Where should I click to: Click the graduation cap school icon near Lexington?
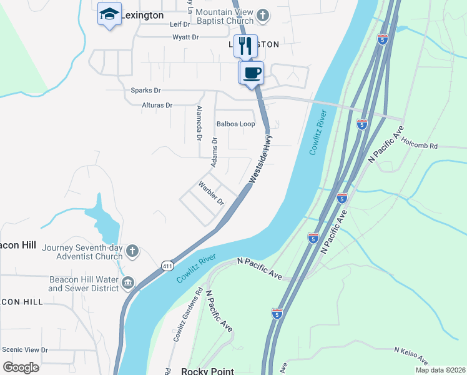click(x=109, y=14)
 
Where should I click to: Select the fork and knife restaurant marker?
click(x=245, y=46)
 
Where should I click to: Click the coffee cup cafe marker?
click(x=252, y=72)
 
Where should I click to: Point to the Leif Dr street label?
click(x=179, y=24)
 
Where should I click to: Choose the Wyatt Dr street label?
click(x=185, y=37)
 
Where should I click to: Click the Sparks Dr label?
click(x=145, y=91)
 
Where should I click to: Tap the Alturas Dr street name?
click(x=157, y=106)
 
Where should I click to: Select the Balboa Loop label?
click(x=235, y=124)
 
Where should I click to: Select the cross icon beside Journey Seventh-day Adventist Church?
click(x=132, y=251)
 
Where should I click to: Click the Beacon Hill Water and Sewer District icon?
click(x=129, y=283)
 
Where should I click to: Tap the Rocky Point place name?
click(x=207, y=371)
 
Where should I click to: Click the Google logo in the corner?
click(x=21, y=367)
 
